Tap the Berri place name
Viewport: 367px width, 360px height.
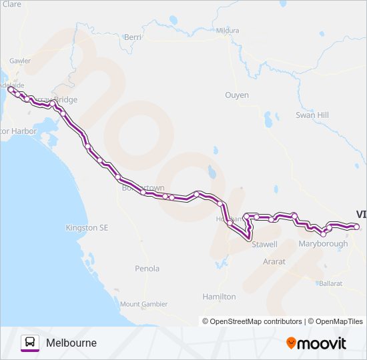point(132,37)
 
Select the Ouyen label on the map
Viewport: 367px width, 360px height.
point(236,95)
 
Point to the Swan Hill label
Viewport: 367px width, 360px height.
point(312,115)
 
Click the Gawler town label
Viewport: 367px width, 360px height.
point(20,60)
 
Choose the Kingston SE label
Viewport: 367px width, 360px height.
point(87,228)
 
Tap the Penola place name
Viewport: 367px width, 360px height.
point(147,269)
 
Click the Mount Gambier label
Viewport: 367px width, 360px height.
point(144,304)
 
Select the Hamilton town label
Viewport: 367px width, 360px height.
point(219,296)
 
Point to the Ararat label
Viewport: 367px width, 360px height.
point(274,262)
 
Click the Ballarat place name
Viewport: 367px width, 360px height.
point(330,283)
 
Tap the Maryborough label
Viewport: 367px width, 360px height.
point(323,244)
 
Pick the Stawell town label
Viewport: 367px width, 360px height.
point(264,245)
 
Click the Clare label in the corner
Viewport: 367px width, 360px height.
point(12,4)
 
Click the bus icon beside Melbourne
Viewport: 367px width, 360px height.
point(30,343)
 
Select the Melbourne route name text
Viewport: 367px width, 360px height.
point(71,343)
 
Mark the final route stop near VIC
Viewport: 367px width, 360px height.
point(356,227)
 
